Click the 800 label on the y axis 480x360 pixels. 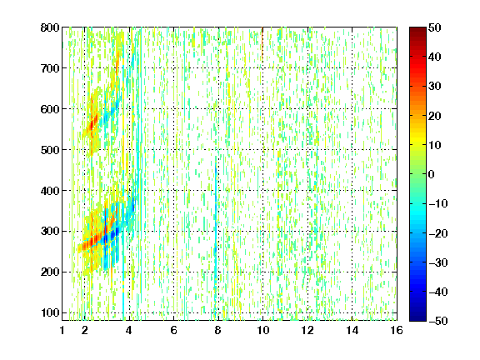click(x=50, y=27)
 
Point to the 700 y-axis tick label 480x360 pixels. click(x=50, y=68)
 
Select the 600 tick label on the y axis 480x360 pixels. click(x=50, y=109)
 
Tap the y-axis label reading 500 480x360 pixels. click(x=50, y=150)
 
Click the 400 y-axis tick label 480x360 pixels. click(x=50, y=191)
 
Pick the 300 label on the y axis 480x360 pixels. click(x=50, y=231)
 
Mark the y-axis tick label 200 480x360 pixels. click(x=50, y=272)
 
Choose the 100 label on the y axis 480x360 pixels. click(x=50, y=312)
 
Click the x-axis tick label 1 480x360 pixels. click(x=62, y=330)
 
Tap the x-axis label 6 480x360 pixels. click(x=173, y=330)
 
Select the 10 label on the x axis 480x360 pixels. click(x=262, y=330)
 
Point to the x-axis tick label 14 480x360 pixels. click(x=352, y=330)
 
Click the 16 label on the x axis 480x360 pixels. click(x=397, y=330)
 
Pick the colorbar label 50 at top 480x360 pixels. click(x=435, y=27)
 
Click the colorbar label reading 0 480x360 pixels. click(x=432, y=174)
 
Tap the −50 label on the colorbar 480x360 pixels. click(x=438, y=321)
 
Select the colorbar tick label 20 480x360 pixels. click(x=435, y=116)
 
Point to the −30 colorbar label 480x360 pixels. click(x=438, y=262)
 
